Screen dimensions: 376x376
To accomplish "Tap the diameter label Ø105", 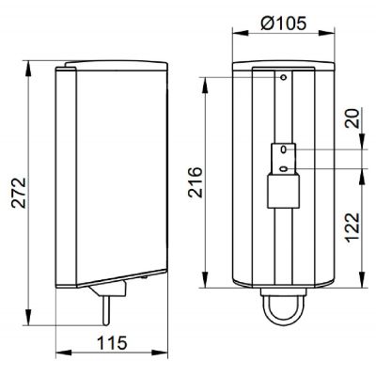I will pos(279,23).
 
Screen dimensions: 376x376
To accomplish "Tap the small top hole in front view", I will pos(282,78).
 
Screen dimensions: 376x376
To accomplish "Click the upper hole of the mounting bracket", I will pos(283,149).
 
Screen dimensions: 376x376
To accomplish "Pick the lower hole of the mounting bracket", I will pos(283,170).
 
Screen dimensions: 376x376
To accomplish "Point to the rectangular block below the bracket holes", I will pos(283,193).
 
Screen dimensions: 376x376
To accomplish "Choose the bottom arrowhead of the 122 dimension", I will pos(364,283).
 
